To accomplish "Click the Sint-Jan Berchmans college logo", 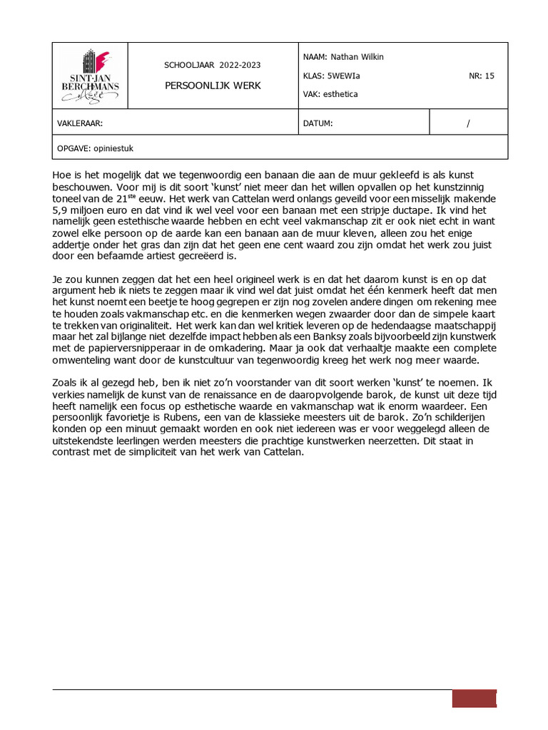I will (90, 75).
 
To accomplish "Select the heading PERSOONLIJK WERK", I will (213, 86).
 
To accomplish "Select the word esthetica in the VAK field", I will (341, 94).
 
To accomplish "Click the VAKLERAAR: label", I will (80, 123).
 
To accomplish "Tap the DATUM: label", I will (318, 123).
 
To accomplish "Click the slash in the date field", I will (468, 123).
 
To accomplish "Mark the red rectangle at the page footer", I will (474, 699).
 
